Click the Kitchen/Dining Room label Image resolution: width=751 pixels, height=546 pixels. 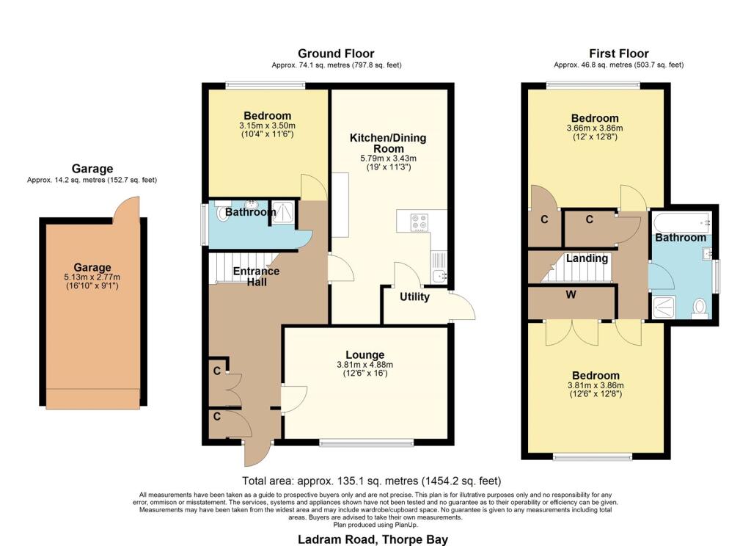tap(388, 143)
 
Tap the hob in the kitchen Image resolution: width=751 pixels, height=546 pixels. tap(420, 222)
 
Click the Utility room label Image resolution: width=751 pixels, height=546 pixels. tap(415, 296)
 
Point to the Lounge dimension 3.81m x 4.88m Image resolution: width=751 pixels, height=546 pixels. tap(365, 365)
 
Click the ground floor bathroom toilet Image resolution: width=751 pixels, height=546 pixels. tap(222, 214)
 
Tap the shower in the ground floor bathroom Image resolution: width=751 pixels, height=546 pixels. tap(284, 212)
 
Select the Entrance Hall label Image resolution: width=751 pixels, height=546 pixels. tap(256, 277)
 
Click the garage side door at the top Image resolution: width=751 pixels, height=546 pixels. tap(127, 209)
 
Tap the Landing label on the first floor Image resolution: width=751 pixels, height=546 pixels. tap(587, 259)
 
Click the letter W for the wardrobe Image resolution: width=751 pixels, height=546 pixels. tap(571, 295)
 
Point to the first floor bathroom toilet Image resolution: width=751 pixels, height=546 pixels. tap(700, 307)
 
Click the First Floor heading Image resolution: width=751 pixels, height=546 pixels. tap(619, 54)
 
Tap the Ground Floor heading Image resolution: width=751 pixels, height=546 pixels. tap(336, 54)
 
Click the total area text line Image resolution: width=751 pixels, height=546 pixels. tap(372, 481)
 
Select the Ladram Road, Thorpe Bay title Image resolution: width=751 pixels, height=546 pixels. tap(373, 539)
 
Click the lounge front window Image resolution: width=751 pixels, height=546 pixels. tap(367, 443)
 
